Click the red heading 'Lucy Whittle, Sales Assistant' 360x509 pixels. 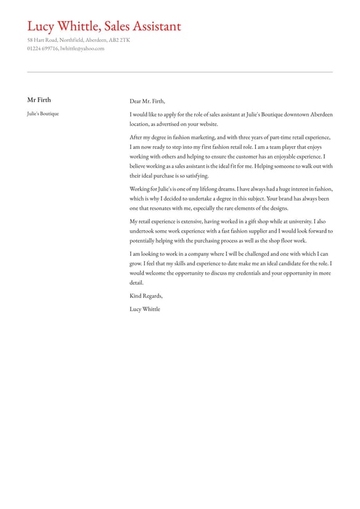click(104, 27)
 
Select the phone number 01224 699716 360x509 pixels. click(43, 48)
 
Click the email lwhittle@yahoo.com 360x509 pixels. click(82, 48)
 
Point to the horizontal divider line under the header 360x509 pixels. click(180, 72)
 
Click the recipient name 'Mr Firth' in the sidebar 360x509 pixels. click(39, 100)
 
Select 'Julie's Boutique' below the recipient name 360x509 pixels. click(43, 114)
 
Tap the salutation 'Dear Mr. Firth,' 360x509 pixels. click(147, 101)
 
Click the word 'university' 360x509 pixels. click(298, 221)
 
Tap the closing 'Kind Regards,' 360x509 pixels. click(146, 296)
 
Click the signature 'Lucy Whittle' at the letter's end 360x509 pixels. click(145, 309)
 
